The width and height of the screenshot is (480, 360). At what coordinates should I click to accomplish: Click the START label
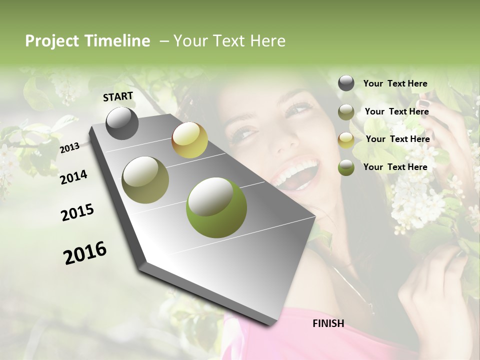point(118,96)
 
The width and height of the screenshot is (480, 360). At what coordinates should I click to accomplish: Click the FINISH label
point(328,323)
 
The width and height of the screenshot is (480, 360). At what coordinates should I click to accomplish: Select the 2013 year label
point(70,147)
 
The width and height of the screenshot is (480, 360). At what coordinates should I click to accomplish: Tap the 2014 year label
point(73,177)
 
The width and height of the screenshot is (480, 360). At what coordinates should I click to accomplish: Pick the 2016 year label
point(85,253)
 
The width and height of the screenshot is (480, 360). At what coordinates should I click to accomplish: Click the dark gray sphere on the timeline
point(122,123)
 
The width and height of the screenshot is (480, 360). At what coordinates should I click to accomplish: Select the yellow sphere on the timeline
point(189,140)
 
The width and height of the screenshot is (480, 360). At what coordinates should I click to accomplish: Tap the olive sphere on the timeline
point(145,180)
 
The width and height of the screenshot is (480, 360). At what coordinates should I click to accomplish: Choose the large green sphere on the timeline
point(216,207)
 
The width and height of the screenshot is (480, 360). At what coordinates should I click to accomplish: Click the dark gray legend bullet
point(346,83)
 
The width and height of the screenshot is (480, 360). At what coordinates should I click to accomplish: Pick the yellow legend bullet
point(346,140)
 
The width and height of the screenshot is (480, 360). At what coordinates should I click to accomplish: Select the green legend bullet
point(346,167)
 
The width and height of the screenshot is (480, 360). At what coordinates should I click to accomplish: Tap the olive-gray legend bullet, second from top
point(346,112)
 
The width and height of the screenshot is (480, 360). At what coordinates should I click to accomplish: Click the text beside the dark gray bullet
point(395,83)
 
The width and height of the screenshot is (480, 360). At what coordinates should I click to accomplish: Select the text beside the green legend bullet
point(395,167)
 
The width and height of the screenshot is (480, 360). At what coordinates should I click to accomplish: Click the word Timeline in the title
point(117,41)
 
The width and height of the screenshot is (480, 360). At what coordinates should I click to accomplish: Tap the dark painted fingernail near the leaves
point(423,103)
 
